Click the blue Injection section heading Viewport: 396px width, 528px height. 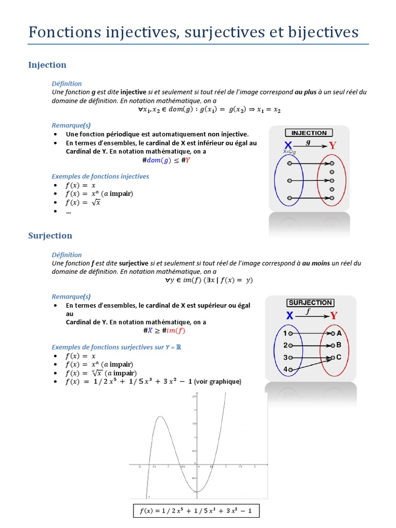coord(47,65)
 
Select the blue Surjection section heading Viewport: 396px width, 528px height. coord(50,236)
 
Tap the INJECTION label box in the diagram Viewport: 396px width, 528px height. coord(309,133)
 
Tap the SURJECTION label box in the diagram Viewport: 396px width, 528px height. coord(310,303)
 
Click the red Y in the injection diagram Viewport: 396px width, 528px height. coord(333,145)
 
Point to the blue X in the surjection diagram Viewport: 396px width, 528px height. coord(290,316)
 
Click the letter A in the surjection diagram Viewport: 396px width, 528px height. coord(339,334)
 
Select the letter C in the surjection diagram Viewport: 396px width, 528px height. coord(339,357)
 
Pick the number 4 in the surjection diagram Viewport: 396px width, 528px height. coord(285,369)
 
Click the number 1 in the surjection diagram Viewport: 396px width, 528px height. coord(285,334)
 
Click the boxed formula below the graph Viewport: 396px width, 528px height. coord(195,511)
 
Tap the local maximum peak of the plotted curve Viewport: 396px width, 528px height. coord(161,417)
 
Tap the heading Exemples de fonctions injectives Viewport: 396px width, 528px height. coord(100,176)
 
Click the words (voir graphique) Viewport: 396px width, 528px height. coord(218,382)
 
